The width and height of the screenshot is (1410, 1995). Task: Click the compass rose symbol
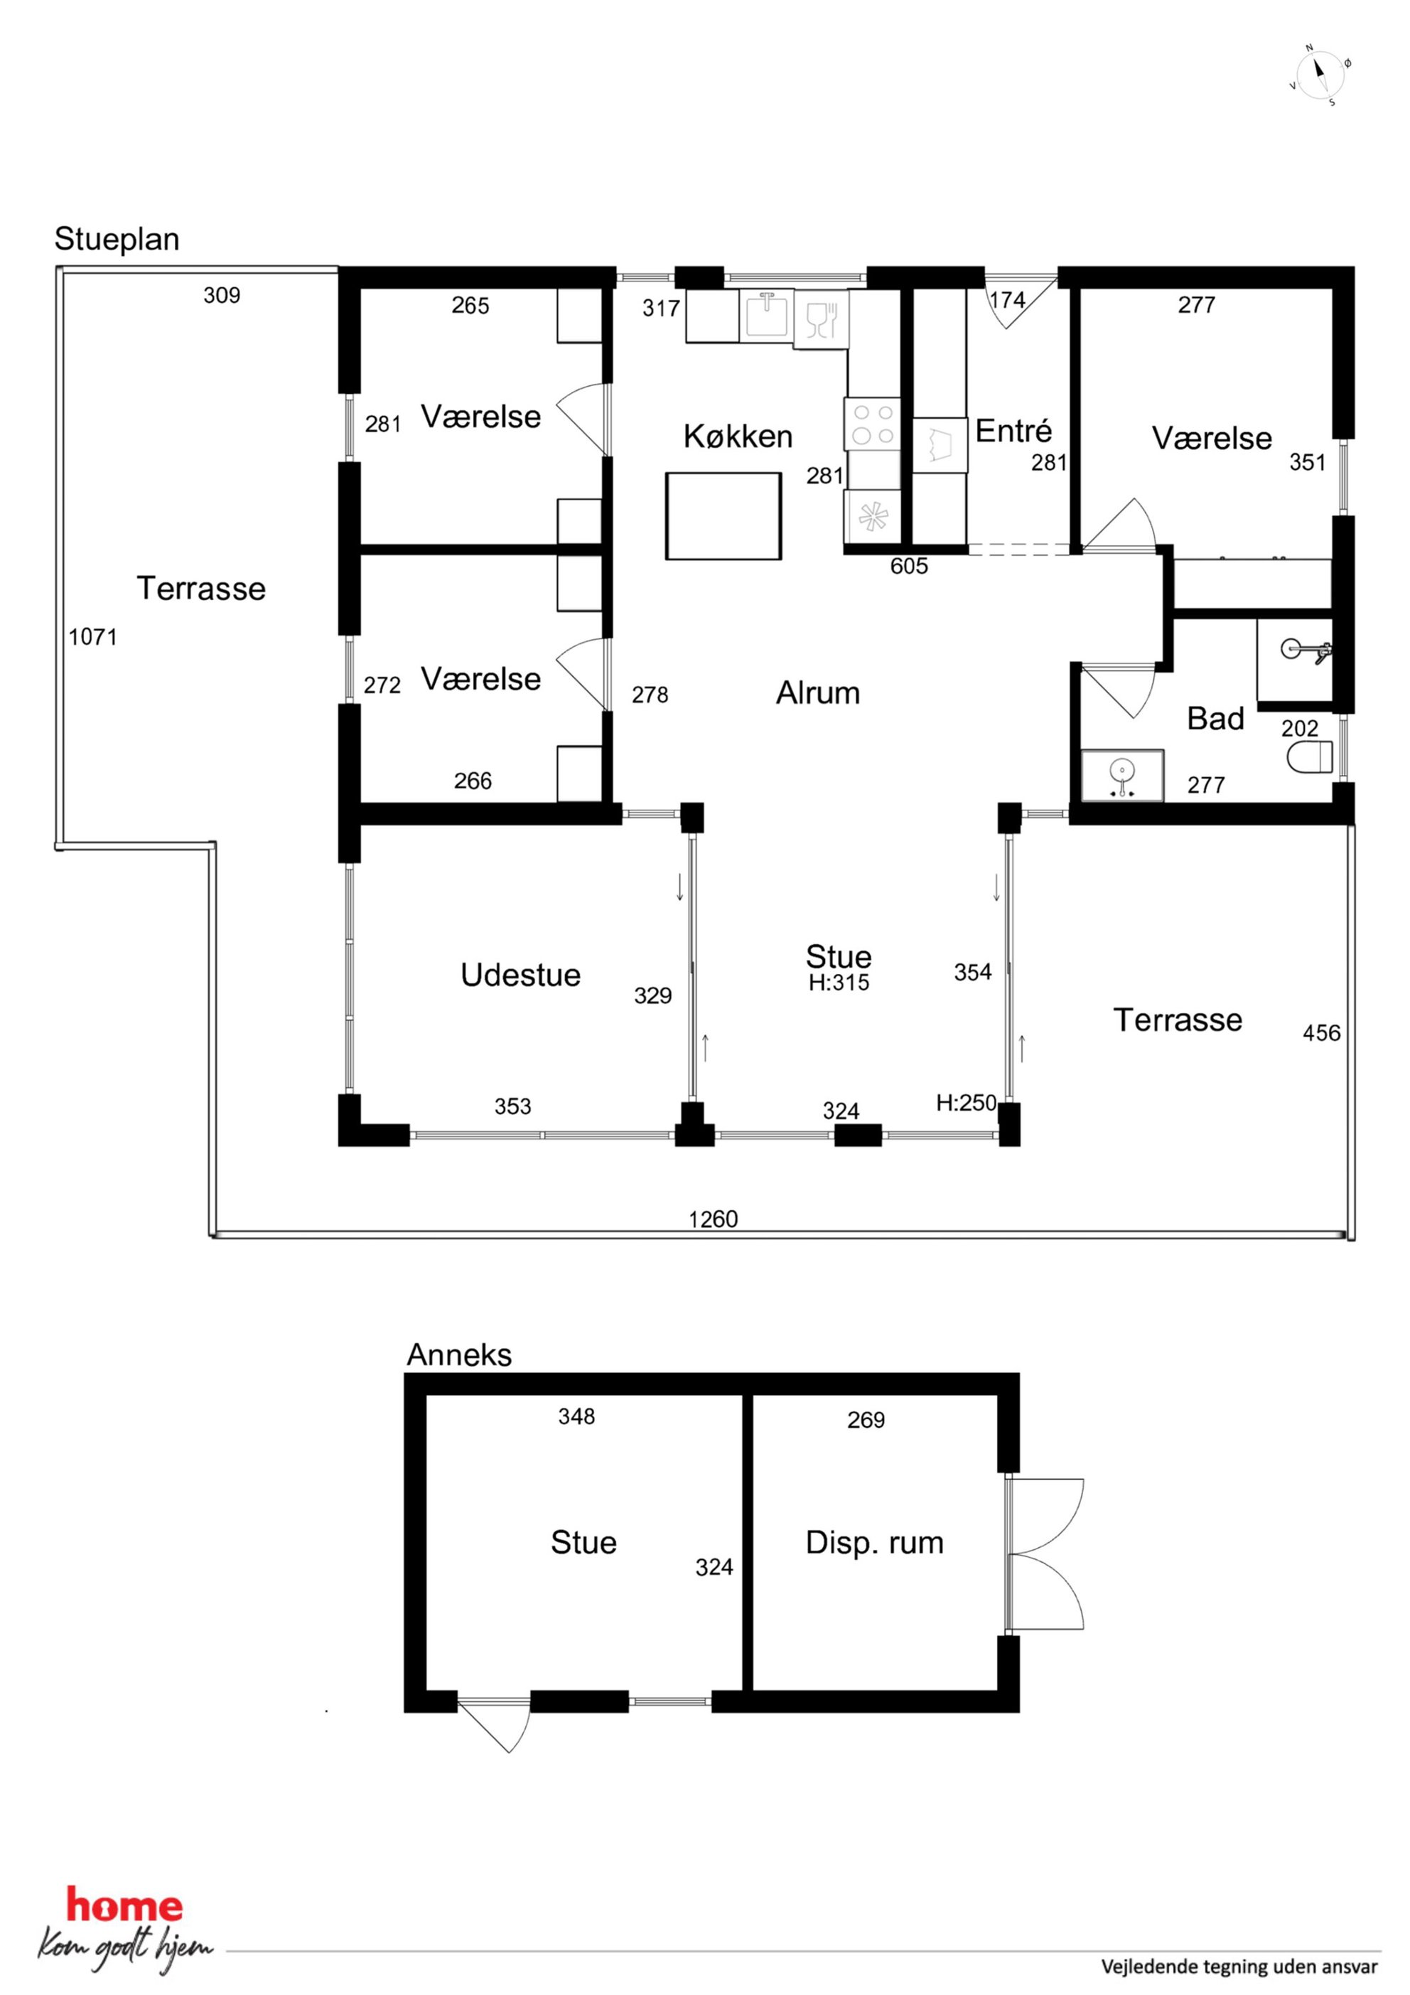pos(1320,75)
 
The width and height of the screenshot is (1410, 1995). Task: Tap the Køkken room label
pos(738,437)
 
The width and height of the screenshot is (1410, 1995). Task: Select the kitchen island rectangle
pos(723,515)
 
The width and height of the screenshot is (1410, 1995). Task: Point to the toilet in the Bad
pos(1309,755)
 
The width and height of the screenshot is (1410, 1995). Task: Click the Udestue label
pos(520,975)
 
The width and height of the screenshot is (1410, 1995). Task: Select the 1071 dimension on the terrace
pos(93,637)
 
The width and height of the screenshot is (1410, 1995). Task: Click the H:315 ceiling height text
pos(839,983)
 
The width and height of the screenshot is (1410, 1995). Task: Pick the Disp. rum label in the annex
pos(874,1542)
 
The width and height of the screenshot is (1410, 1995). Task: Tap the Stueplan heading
pos(117,239)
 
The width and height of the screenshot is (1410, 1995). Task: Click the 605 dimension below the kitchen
pos(909,567)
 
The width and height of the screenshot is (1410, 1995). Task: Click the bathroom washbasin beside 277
pos(1122,774)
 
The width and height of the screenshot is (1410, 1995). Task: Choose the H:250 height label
pos(966,1103)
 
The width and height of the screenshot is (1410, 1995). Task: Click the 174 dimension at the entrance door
pos(1008,300)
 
